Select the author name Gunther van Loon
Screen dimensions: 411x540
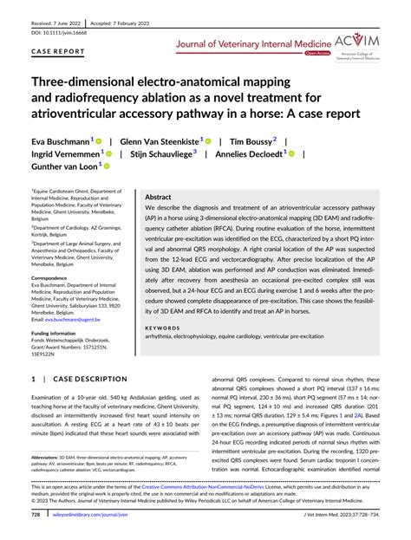[61, 167]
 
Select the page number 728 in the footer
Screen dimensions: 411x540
[36, 514]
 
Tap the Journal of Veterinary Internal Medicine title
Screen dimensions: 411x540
[253, 42]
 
